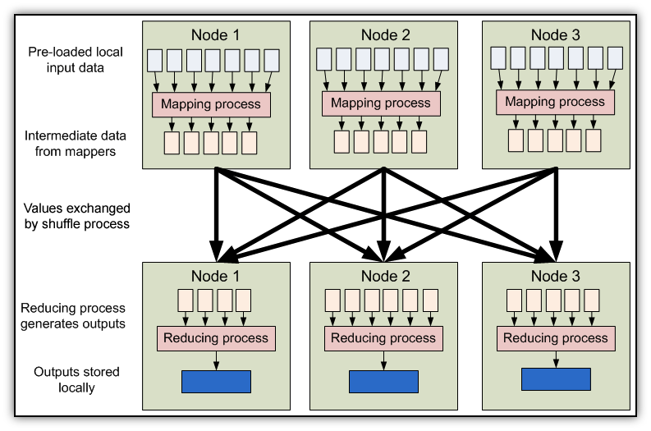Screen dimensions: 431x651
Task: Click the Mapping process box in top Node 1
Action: click(x=211, y=104)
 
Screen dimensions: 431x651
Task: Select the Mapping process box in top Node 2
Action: click(x=382, y=103)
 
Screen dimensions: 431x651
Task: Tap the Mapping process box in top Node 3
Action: click(x=554, y=103)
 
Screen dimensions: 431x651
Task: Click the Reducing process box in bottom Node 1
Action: click(x=216, y=338)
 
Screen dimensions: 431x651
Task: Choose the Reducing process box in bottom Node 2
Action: click(x=383, y=338)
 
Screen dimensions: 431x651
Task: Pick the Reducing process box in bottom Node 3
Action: click(x=556, y=338)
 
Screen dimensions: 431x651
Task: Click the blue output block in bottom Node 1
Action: click(x=216, y=381)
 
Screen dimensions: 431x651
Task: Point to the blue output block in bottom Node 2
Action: click(x=383, y=381)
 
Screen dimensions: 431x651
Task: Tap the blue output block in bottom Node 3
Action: click(x=556, y=378)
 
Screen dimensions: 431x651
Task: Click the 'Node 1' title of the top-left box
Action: click(x=216, y=35)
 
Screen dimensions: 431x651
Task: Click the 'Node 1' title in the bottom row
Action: click(x=216, y=276)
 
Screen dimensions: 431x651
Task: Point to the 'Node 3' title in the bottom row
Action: click(x=556, y=276)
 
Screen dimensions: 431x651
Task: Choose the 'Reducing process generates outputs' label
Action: click(x=74, y=315)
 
